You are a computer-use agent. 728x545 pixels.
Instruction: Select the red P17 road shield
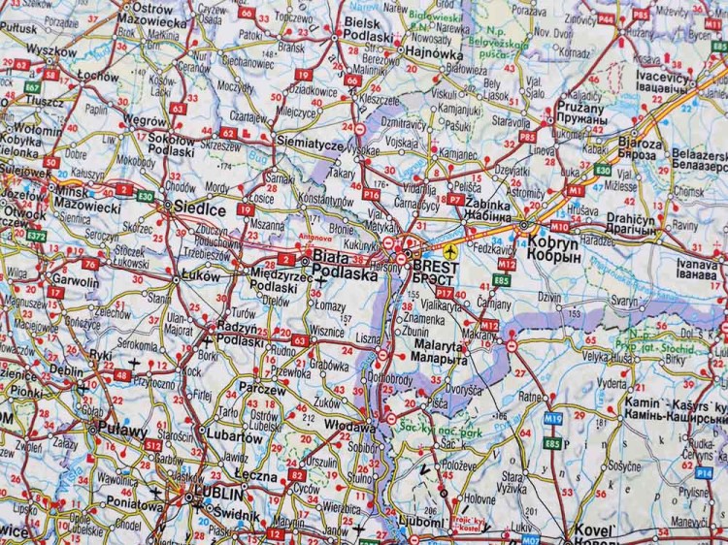tap(445, 292)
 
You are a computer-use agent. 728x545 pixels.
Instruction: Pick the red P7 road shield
tap(455, 198)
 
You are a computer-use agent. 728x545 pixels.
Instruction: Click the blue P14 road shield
tap(704, 472)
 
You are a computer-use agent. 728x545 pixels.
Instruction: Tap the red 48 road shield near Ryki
tap(121, 375)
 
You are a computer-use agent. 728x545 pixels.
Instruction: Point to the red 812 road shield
tap(152, 445)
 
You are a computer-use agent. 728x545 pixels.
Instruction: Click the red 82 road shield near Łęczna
tap(296, 475)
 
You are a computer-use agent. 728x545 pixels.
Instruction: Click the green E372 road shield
tap(37, 236)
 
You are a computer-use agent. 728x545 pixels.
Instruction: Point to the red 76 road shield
tap(89, 264)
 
